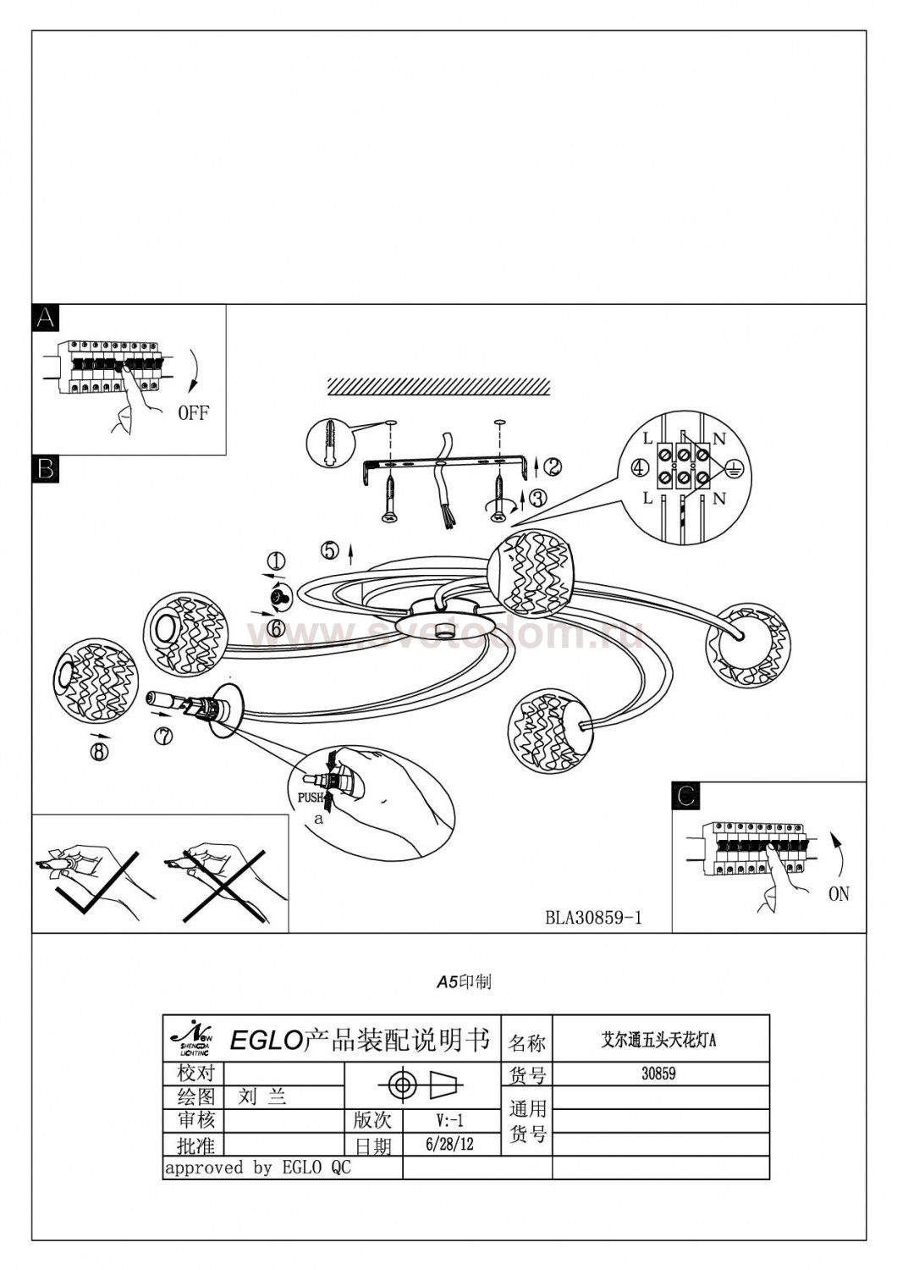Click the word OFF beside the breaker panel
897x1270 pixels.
(192, 413)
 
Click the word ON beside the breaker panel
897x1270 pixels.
(838, 893)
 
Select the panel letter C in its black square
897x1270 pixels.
(686, 796)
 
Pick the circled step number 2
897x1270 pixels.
(553, 465)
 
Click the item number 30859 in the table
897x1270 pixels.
(658, 1074)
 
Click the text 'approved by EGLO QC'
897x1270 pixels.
(257, 1168)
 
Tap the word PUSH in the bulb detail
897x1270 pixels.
(310, 798)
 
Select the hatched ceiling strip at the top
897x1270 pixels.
(437, 385)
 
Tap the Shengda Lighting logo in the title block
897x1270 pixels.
(194, 1036)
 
